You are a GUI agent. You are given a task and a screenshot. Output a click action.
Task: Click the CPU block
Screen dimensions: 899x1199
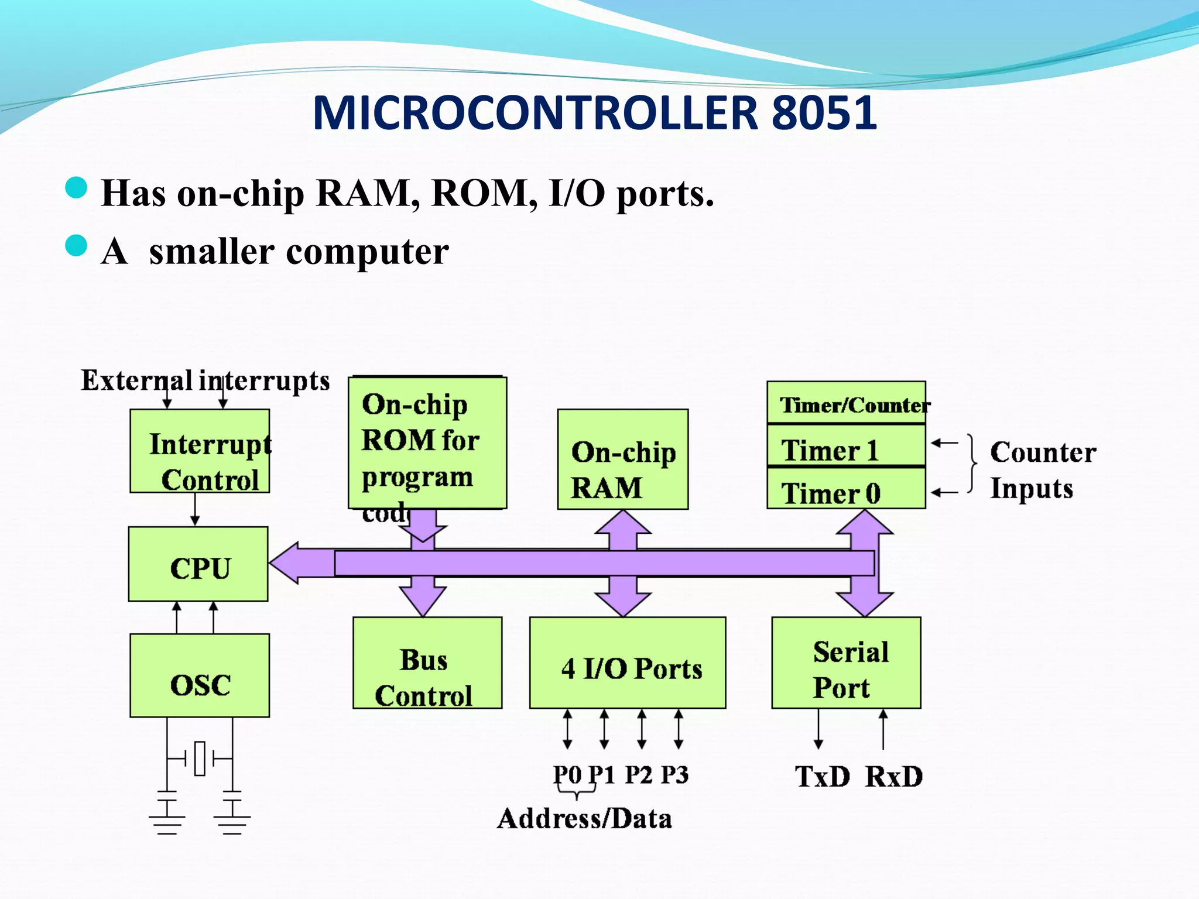[x=198, y=564]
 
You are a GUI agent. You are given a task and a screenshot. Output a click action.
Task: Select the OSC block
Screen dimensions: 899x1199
[x=200, y=675]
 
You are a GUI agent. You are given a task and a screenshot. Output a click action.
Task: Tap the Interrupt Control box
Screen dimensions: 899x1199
[x=200, y=451]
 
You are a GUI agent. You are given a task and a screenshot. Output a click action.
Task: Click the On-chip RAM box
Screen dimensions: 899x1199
[x=622, y=459]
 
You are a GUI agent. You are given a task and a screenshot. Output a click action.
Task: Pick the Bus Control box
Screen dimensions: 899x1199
[x=427, y=663]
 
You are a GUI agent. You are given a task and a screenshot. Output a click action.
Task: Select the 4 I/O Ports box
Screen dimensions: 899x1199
[x=628, y=663]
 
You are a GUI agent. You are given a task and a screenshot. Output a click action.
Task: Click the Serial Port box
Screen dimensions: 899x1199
[x=846, y=663]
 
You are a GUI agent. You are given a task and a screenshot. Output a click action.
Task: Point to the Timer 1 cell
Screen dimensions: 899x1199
[x=846, y=446]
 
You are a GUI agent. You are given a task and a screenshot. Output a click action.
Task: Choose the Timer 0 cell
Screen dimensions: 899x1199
[x=846, y=489]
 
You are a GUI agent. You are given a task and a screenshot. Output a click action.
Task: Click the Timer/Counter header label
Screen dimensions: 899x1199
[x=846, y=403]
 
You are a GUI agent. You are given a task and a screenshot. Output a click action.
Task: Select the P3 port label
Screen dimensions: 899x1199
[x=675, y=775]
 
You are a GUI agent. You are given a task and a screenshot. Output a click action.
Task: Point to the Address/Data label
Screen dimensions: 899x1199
[x=584, y=819]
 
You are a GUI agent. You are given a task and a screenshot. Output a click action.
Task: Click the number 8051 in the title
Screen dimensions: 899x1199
[x=824, y=112]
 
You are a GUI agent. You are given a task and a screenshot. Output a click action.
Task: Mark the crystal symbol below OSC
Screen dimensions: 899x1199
[x=200, y=759]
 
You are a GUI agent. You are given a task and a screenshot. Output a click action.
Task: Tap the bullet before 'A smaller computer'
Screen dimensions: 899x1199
[x=76, y=246]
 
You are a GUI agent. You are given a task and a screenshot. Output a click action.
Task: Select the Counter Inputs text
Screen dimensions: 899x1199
[x=1042, y=470]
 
